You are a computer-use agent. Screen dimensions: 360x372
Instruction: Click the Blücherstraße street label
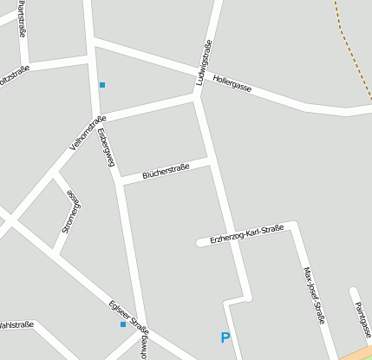166,170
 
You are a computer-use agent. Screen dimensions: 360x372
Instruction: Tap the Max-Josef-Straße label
313,295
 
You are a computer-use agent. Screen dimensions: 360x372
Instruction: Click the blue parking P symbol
225,338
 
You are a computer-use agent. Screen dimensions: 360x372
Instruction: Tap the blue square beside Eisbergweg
102,84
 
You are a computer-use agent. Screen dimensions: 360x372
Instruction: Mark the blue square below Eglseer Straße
123,324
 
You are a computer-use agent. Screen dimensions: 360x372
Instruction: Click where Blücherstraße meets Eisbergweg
120,182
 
